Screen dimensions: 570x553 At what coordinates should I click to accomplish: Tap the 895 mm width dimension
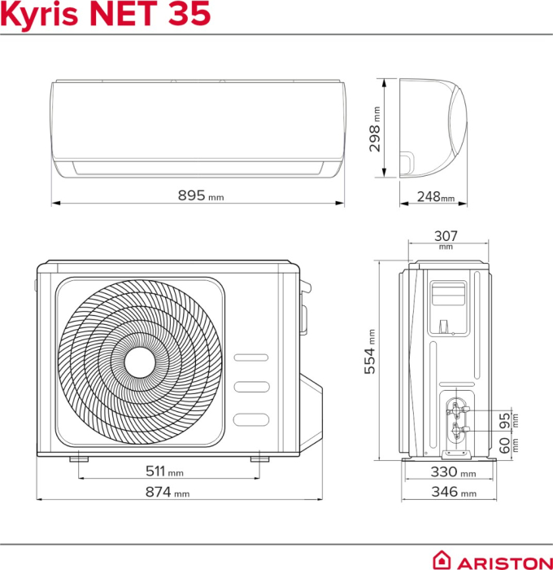coord(200,195)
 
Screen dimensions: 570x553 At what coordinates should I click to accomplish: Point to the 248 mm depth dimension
coord(435,196)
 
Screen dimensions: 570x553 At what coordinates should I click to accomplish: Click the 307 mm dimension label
coord(446,238)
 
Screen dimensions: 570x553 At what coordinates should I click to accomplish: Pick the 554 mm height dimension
coord(371,352)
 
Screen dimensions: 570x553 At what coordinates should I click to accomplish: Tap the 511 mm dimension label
coord(163,471)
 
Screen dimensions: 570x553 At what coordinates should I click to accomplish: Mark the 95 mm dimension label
coord(505,421)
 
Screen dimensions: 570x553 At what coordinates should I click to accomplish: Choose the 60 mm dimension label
coord(505,445)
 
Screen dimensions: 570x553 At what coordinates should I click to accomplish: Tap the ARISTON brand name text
coord(502,561)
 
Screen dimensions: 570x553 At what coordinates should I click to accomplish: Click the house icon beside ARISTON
coord(442,560)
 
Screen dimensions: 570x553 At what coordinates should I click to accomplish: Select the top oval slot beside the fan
coord(249,357)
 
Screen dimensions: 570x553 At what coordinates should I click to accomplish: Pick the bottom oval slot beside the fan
coord(249,419)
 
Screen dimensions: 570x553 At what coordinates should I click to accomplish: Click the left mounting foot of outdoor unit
coord(79,459)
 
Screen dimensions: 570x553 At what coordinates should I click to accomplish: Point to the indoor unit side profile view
coord(433,127)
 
